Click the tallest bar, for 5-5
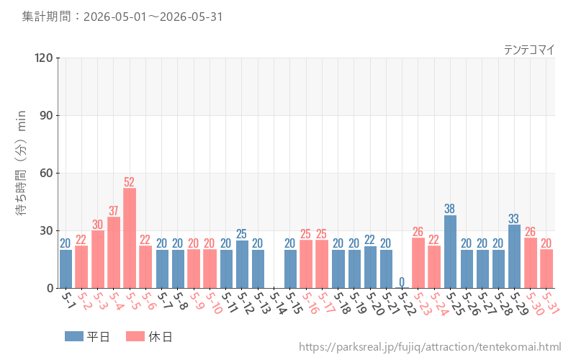pyautogui.click(x=130, y=238)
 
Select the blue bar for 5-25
pyautogui.click(x=451, y=251)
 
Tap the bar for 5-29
pyautogui.click(x=514, y=256)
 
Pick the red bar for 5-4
pyautogui.click(x=114, y=253)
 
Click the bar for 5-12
pyautogui.click(x=242, y=264)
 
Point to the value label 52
pyautogui.click(x=130, y=182)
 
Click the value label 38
pyautogui.click(x=449, y=209)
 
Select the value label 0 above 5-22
pyautogui.click(x=402, y=282)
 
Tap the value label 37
pyautogui.click(x=114, y=210)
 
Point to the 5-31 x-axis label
pyautogui.click(x=551, y=303)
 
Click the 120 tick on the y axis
pyautogui.click(x=44, y=58)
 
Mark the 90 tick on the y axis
pyautogui.click(x=47, y=116)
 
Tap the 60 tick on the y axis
pyautogui.click(x=47, y=173)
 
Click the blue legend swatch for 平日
pyautogui.click(x=74, y=336)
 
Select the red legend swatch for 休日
pyautogui.click(x=135, y=336)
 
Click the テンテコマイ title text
pyautogui.click(x=529, y=50)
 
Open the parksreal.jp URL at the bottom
pyautogui.click(x=430, y=347)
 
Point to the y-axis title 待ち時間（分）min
pyautogui.click(x=21, y=163)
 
